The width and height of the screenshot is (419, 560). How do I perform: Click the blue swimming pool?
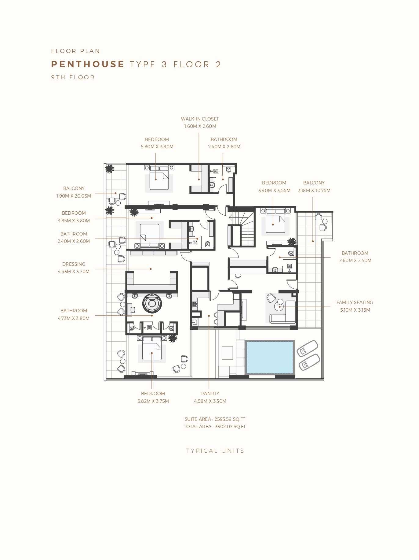270,357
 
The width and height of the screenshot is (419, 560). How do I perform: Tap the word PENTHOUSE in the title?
88,64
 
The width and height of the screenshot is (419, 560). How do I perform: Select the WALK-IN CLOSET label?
200,119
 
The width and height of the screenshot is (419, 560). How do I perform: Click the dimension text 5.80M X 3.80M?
157,147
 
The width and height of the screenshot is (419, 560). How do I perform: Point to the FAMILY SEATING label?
355,302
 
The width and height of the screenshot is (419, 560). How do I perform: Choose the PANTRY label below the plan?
210,394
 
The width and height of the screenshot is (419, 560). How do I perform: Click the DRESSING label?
74,264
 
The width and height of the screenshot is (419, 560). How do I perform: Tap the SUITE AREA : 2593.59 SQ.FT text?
215,419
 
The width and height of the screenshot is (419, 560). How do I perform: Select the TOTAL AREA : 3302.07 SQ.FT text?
215,427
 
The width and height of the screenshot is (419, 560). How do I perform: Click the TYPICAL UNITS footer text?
215,451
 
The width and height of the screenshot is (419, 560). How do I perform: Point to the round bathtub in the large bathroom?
152,303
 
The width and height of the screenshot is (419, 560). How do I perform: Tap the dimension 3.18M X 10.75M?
314,191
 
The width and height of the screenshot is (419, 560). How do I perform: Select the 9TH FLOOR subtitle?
73,77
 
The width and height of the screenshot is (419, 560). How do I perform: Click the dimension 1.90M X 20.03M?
74,196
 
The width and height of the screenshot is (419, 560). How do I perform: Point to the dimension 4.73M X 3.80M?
74,318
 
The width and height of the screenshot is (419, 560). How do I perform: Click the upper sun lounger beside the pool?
307,349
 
